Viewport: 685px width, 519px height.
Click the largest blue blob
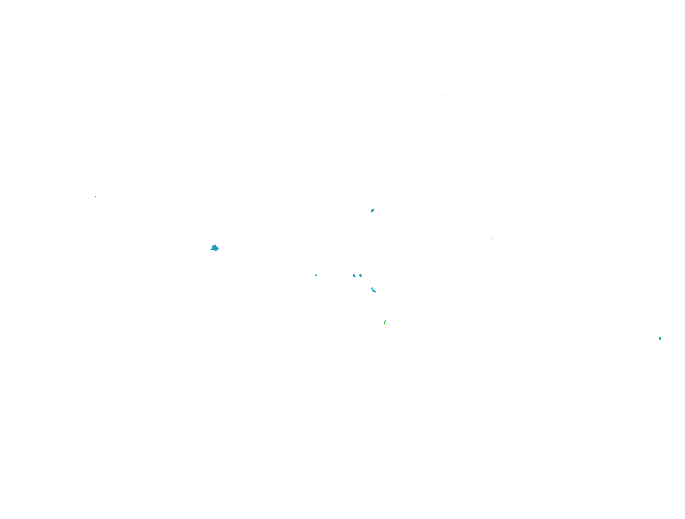(215, 248)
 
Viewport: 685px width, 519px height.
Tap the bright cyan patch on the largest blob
(216, 250)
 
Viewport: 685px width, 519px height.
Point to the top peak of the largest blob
(216, 245)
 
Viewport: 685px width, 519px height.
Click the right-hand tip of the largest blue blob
(219, 249)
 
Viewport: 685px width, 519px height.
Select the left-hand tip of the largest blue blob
(211, 250)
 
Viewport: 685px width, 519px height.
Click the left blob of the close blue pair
(354, 276)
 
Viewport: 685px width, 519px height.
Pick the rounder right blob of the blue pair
(360, 276)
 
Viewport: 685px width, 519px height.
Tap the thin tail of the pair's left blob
(355, 277)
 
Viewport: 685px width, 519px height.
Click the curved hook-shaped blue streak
(373, 290)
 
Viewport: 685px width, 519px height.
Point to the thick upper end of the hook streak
(372, 288)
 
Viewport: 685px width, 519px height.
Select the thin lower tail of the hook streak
(376, 292)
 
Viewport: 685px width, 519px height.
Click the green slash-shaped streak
(385, 322)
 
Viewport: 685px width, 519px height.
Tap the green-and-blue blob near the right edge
(660, 339)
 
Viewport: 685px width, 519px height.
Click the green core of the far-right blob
(660, 338)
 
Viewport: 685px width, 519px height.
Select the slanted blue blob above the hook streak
(372, 210)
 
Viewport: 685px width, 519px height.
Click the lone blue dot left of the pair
(316, 275)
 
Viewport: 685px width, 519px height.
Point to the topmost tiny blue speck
(443, 96)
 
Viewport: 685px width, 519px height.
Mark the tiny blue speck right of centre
(491, 238)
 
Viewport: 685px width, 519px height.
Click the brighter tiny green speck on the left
(96, 197)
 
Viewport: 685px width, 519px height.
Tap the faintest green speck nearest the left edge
(82, 291)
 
